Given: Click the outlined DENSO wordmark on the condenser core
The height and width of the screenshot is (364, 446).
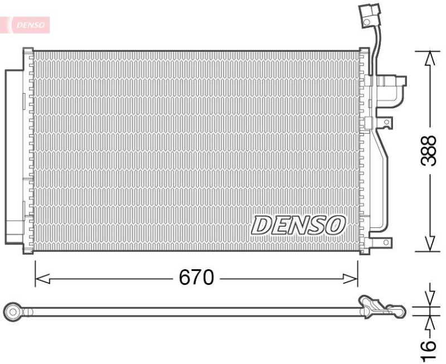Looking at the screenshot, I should click(x=298, y=225).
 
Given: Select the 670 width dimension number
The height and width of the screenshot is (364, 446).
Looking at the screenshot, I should click(x=196, y=277).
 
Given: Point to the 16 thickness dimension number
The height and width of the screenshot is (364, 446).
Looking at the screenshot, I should click(x=428, y=346).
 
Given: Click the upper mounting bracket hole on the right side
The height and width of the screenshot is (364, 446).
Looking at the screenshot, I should click(x=385, y=122).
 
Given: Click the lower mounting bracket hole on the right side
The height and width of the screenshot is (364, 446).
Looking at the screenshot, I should click(x=385, y=242).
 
